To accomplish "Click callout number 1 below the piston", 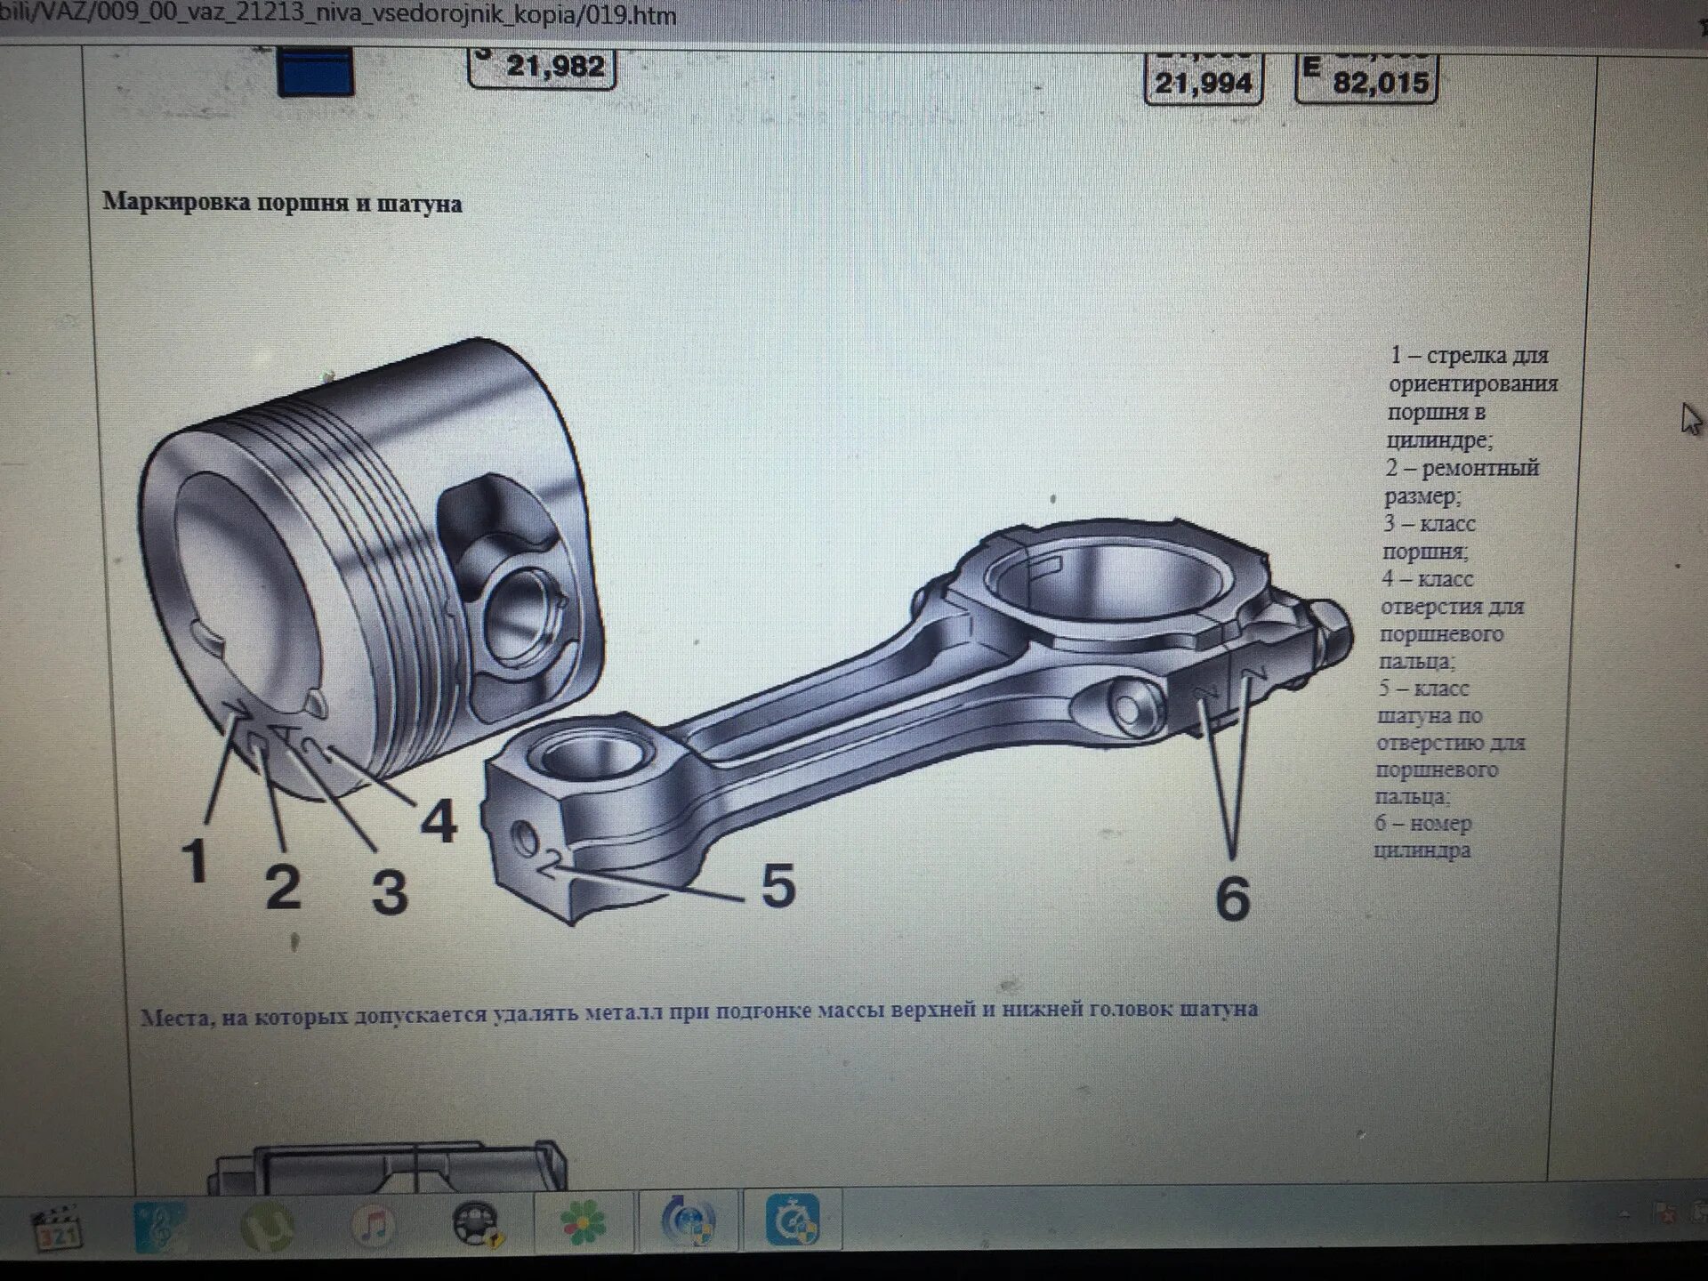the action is (195, 860).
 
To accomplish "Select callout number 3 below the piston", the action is (390, 891).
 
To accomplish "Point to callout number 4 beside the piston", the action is (438, 820).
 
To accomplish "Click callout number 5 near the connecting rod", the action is (777, 885).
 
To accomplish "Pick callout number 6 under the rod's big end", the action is (1232, 898).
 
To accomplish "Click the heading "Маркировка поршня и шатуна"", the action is (282, 203).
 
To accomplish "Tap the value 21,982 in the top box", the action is (555, 66).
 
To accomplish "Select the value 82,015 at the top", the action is (1380, 83).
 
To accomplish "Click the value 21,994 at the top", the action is (1203, 83).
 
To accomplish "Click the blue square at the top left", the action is (316, 73).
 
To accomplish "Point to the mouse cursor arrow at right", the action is (1689, 418).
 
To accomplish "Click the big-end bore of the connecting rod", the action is (1112, 579).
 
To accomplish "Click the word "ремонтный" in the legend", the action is (1480, 468).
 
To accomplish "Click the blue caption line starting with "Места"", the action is (698, 1011).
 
